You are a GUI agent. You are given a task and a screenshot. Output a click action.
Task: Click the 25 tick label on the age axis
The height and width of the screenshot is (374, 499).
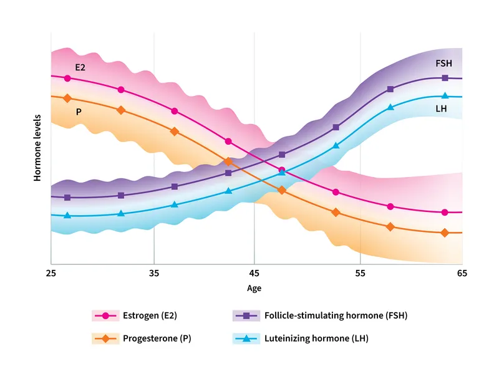(51, 273)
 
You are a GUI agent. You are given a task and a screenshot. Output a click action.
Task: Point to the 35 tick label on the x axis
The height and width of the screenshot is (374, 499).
(154, 273)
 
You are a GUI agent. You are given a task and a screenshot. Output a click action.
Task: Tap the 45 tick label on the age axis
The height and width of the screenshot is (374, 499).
(254, 273)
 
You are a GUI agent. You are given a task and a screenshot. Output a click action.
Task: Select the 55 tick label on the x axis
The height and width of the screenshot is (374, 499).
(360, 273)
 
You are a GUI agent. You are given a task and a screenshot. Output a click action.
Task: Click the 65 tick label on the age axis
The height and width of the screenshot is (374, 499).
(462, 273)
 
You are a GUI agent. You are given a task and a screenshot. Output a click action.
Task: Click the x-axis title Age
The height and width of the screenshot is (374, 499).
(254, 288)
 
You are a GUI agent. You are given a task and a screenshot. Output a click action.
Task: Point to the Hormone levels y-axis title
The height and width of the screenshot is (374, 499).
(37, 148)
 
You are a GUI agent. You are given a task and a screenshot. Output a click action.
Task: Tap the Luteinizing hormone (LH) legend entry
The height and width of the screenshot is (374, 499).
(319, 338)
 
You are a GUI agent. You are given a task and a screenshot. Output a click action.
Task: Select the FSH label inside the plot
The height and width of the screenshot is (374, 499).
(443, 64)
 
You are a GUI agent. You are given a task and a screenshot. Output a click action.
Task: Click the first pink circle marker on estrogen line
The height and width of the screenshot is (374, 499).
(67, 79)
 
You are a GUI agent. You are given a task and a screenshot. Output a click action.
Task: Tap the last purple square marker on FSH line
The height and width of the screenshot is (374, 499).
(445, 78)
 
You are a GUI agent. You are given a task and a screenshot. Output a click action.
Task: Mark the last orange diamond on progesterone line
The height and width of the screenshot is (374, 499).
(445, 233)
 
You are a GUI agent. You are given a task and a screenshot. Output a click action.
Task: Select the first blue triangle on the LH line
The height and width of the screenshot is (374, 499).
(67, 215)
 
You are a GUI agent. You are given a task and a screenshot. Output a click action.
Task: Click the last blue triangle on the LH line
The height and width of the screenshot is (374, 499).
(445, 95)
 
